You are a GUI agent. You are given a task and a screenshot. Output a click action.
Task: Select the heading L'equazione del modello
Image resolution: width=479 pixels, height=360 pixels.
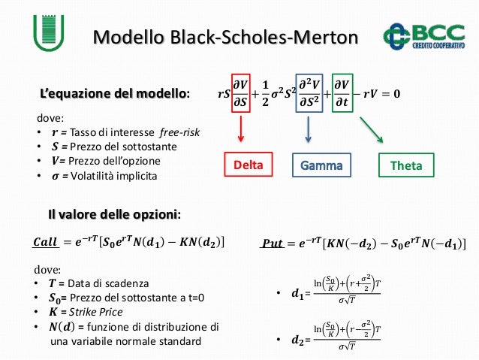[115, 94]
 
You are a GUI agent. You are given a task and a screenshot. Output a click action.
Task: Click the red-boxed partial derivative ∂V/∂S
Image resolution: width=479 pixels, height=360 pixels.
[241, 94]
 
